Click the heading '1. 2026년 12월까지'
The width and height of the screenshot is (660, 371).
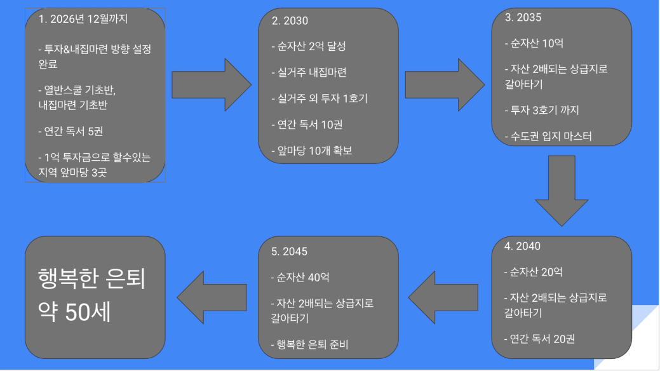[x=83, y=19]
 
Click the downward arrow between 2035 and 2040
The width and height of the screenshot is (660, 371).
[x=562, y=188]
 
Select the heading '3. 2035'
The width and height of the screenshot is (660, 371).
[x=523, y=18]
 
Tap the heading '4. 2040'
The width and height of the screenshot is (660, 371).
[x=522, y=246]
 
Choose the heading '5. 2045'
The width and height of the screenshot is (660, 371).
[x=289, y=251]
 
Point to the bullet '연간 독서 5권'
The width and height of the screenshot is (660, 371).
[x=74, y=132]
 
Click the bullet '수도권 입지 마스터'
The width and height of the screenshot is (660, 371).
[x=550, y=136]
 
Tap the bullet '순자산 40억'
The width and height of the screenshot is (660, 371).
[x=300, y=277]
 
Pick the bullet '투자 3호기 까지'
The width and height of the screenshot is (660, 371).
[x=541, y=111]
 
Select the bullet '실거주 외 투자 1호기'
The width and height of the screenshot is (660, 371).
[x=320, y=98]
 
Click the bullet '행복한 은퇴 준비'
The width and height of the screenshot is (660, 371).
[x=309, y=345]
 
